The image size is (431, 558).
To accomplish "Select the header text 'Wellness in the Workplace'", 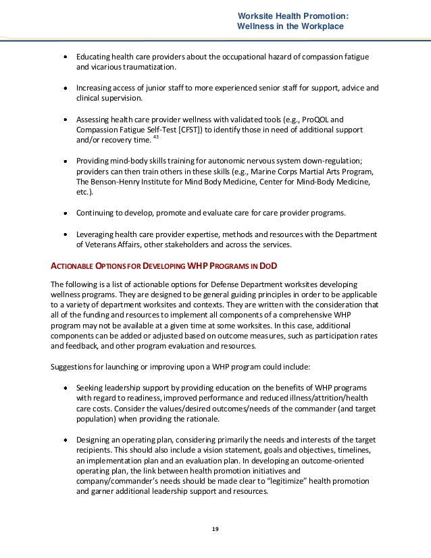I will [290, 26].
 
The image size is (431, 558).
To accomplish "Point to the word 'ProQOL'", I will [320, 118].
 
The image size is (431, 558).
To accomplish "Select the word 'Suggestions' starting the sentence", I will [74, 367].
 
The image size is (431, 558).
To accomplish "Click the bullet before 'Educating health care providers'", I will [65, 56].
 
